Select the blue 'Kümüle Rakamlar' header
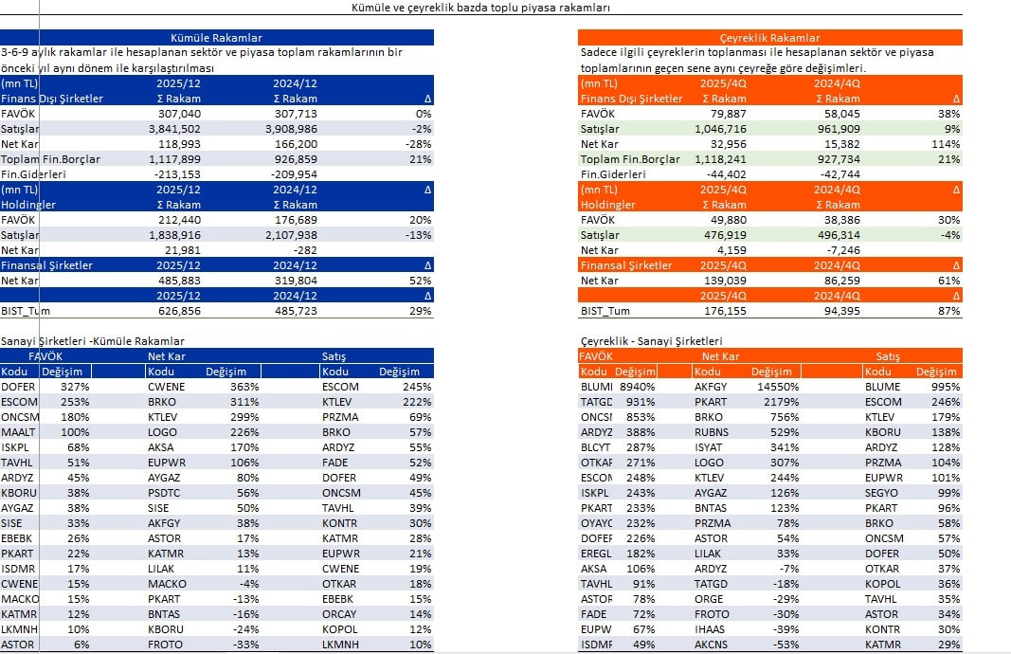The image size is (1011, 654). point(217,38)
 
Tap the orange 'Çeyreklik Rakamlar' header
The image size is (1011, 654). point(770,38)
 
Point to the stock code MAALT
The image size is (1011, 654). point(20,432)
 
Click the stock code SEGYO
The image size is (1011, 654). point(883,493)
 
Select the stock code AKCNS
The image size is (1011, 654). point(712,645)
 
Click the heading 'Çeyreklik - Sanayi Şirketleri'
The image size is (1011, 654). point(652,341)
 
